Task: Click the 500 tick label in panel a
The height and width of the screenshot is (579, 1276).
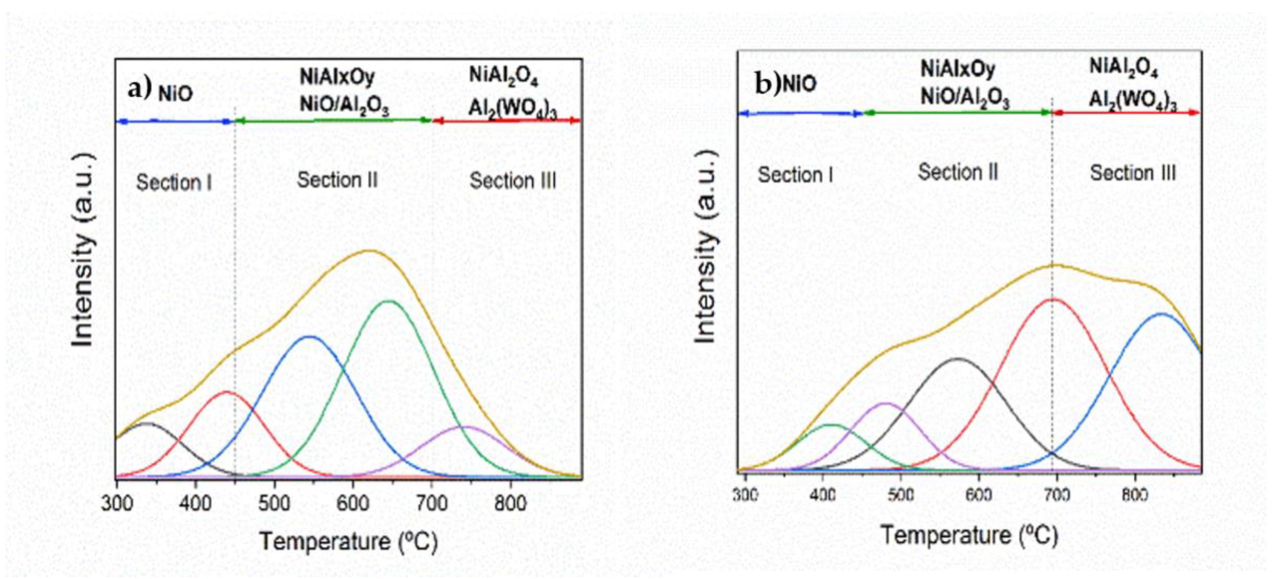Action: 274,504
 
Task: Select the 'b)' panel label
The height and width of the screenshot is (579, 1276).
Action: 767,83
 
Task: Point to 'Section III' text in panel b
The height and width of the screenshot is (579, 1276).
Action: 1133,173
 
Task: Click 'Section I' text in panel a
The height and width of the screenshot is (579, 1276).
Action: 174,183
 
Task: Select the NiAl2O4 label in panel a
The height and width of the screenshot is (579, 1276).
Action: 503,77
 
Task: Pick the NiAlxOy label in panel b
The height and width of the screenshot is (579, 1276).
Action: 957,69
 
